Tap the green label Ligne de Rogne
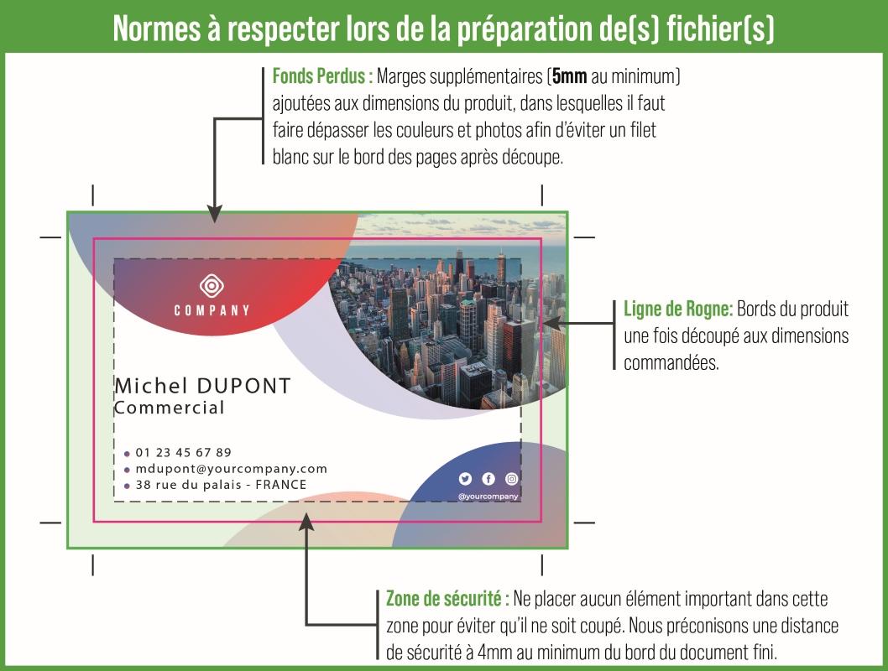pyautogui.click(x=678, y=309)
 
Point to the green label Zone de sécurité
pyautogui.click(x=447, y=599)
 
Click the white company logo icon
pyautogui.click(x=212, y=286)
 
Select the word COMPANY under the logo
pyautogui.click(x=212, y=311)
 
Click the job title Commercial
pyautogui.click(x=170, y=408)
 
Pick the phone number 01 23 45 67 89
pyautogui.click(x=183, y=452)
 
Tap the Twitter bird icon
pyautogui.click(x=465, y=479)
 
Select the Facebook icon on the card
pyautogui.click(x=488, y=479)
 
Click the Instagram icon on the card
pyautogui.click(x=512, y=479)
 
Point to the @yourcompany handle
pyautogui.click(x=488, y=497)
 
